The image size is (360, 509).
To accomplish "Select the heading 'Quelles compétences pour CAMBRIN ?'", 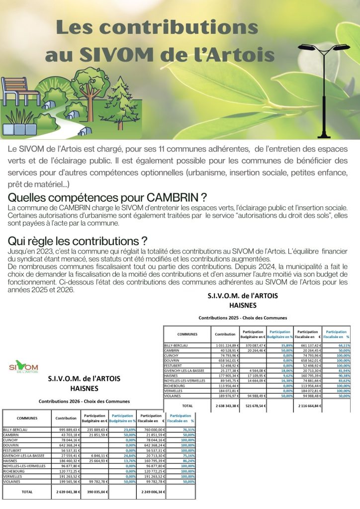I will point(107,198).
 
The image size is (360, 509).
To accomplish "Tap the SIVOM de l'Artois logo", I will point(23,368).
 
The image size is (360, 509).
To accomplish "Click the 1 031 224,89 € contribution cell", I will point(225,345).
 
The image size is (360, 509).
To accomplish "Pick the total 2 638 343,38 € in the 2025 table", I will point(225,406).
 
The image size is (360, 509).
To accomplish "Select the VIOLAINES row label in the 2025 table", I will point(173,396).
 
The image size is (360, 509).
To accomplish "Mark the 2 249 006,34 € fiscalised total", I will point(150,491).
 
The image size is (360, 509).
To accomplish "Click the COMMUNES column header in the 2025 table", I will point(187,334).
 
